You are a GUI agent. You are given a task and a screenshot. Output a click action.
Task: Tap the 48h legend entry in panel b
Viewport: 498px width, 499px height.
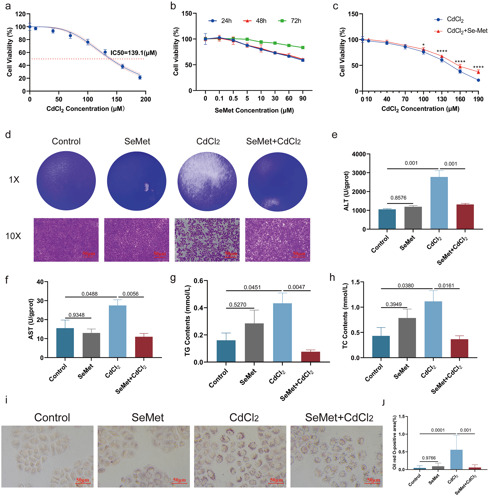pyautogui.click(x=255, y=21)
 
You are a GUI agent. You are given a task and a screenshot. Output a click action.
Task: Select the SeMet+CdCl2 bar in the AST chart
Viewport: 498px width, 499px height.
pyautogui.click(x=144, y=347)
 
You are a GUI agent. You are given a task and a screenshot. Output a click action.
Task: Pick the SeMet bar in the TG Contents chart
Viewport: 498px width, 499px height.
pyautogui.click(x=254, y=342)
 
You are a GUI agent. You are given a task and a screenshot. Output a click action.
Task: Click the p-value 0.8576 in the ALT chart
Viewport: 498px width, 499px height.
pyautogui.click(x=398, y=198)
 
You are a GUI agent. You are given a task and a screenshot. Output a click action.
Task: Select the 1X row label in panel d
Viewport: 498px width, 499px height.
pyautogui.click(x=14, y=180)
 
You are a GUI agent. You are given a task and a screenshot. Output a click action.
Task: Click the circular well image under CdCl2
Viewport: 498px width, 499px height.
pyautogui.click(x=207, y=181)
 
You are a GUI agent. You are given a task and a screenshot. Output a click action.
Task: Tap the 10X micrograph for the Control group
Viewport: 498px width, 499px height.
pyautogui.click(x=66, y=240)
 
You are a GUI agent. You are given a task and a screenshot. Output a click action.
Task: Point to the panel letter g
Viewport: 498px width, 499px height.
pyautogui.click(x=173, y=278)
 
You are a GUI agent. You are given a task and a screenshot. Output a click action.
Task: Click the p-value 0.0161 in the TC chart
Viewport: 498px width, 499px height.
pyautogui.click(x=446, y=285)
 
